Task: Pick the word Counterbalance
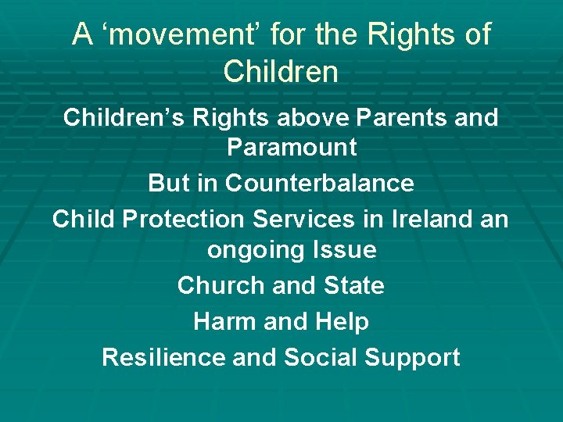(320, 183)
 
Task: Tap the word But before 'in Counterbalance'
(168, 183)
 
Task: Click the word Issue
(343, 250)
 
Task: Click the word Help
(342, 321)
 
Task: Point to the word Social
(316, 357)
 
